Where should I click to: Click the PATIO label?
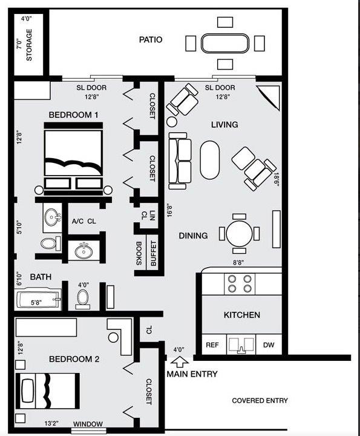coord(151,39)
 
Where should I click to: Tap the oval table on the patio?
coord(225,44)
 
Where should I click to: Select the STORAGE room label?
coord(29,45)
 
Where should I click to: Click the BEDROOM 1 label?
coord(73,114)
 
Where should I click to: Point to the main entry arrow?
coord(180,362)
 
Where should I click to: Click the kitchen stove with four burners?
coord(240,283)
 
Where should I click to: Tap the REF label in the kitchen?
coord(212,345)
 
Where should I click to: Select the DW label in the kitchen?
coord(269,345)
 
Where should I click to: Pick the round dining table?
coord(239,234)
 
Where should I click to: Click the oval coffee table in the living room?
coord(210,160)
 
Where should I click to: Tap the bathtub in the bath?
coord(39,300)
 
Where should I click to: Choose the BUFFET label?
coord(153,253)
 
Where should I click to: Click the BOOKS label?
coord(139,253)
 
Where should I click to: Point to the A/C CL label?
coord(84,222)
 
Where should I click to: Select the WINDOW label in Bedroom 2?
coord(88,424)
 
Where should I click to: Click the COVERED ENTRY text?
coord(260,400)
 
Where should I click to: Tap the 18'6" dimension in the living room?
coord(277,180)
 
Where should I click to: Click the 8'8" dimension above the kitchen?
coord(238,262)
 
